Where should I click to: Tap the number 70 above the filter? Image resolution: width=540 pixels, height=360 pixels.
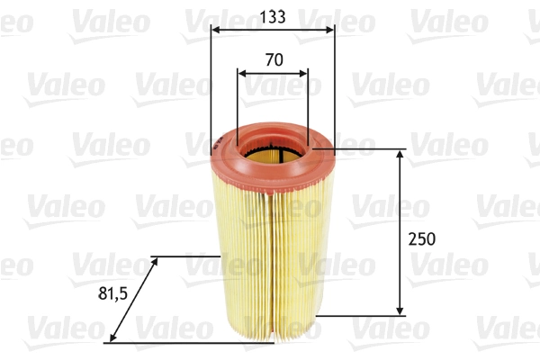pos(274,60)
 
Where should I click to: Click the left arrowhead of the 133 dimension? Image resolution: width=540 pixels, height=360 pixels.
pos(214,29)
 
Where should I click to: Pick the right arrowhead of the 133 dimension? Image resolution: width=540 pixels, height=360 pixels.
pos(330,29)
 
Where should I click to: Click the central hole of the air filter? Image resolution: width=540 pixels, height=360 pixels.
pos(271,154)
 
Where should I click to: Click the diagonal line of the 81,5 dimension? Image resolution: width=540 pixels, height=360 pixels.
pos(133,300)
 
